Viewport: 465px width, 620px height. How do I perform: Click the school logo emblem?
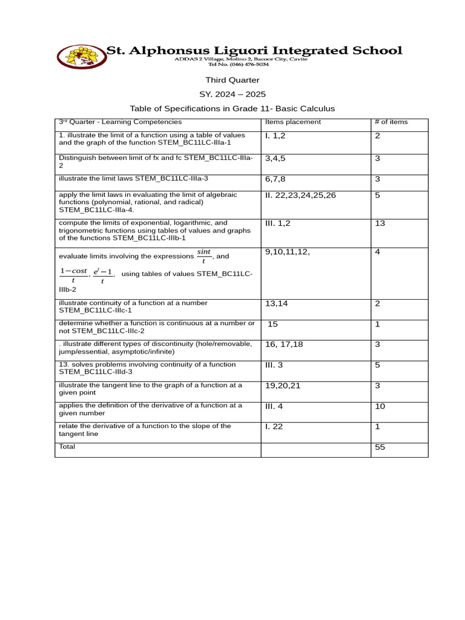click(81, 56)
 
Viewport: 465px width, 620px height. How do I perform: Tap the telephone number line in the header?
click(241, 64)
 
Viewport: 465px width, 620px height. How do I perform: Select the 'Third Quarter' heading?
click(232, 80)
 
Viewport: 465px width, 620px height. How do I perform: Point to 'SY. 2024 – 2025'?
click(232, 94)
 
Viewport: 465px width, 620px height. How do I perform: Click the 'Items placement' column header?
click(293, 122)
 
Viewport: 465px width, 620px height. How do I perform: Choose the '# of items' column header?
click(391, 122)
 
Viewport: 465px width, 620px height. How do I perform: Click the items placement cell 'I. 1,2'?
click(275, 136)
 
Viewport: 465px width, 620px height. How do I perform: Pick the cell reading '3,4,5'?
click(275, 158)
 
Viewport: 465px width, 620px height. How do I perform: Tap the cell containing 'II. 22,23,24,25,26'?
click(300, 195)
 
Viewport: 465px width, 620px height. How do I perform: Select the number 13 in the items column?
click(380, 223)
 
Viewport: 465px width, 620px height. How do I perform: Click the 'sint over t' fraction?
click(204, 256)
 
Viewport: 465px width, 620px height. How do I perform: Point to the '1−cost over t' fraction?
click(73, 275)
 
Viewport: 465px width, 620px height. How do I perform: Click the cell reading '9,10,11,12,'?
click(288, 252)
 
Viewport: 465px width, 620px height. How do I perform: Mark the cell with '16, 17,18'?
click(284, 344)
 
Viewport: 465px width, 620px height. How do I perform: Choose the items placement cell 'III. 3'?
click(274, 364)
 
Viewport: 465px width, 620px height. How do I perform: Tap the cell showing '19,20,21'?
click(283, 385)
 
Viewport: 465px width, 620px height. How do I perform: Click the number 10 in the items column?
click(380, 406)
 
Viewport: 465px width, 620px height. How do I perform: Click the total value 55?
click(380, 447)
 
